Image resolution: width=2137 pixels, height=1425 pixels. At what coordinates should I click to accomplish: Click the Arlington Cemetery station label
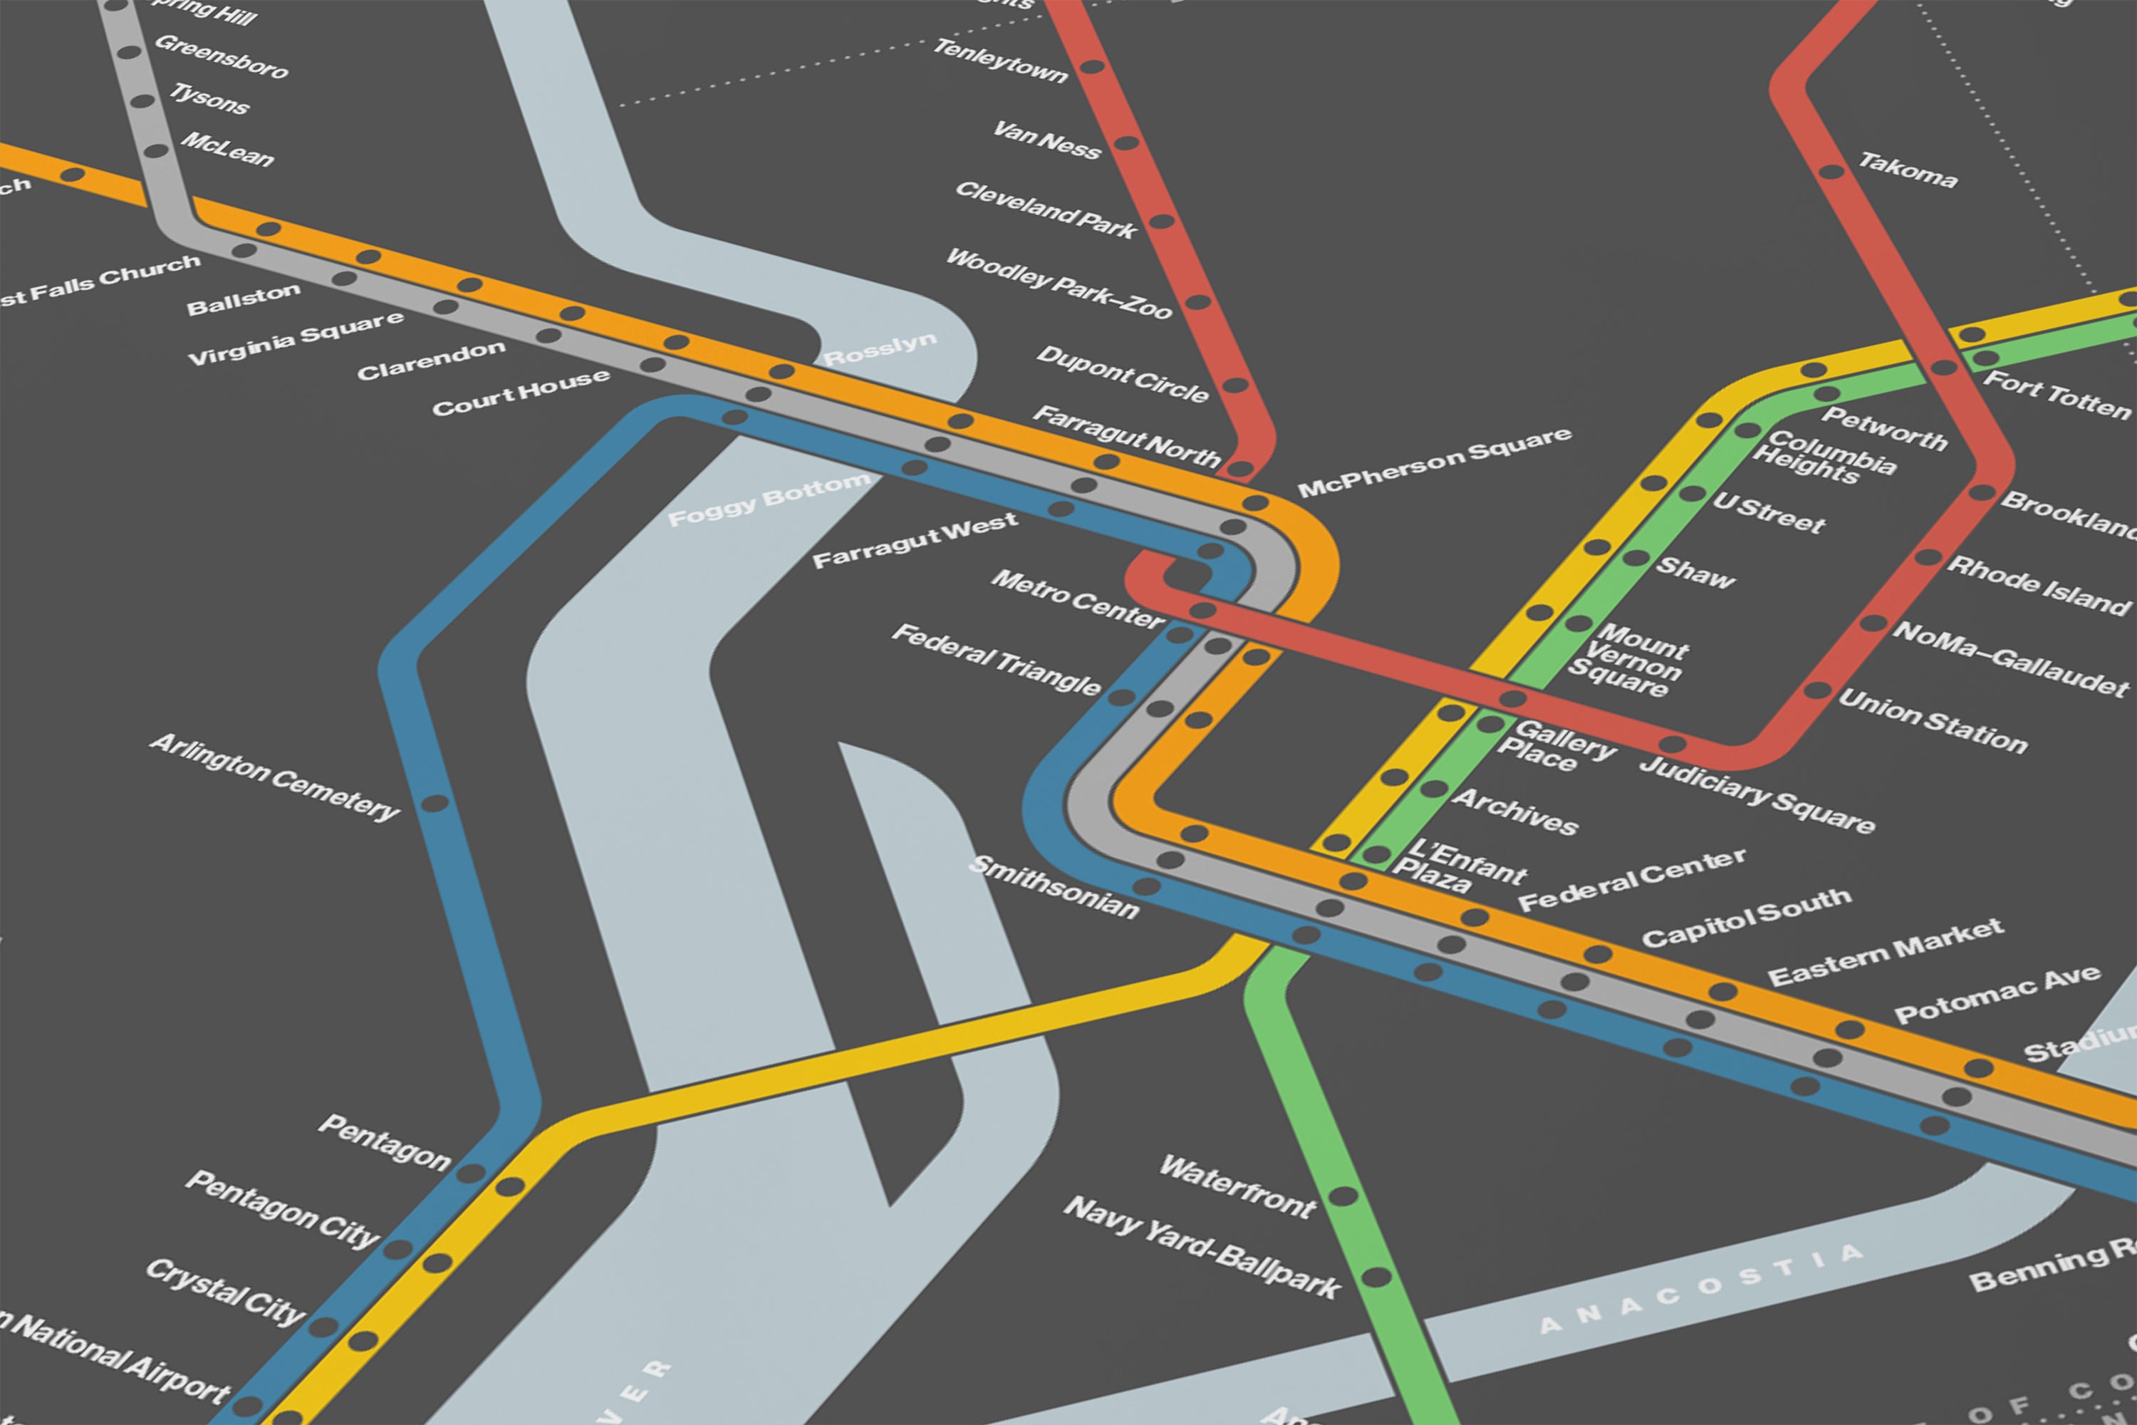coord(274,777)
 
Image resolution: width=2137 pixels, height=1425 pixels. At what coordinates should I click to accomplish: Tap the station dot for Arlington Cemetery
coord(435,804)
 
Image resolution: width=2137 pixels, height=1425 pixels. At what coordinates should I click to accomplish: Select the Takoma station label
coord(1907,170)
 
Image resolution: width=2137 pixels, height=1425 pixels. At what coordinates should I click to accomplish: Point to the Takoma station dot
coord(1831,172)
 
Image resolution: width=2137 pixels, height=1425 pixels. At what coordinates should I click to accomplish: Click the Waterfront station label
coord(1237,1186)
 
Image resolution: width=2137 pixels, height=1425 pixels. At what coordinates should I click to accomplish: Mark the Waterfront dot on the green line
coord(1343,1196)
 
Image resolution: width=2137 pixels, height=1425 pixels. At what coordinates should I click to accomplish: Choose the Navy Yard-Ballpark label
coord(1201,1247)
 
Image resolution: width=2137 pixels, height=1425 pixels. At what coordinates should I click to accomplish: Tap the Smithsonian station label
coord(1054,887)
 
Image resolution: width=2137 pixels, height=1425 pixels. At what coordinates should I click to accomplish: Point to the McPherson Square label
coord(1434,462)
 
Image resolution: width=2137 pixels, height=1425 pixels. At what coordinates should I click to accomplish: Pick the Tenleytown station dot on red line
coord(1091,66)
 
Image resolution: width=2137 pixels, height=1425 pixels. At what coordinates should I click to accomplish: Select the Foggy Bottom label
coord(769,499)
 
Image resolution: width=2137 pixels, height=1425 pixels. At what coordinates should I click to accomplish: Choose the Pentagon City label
coord(281,1208)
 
